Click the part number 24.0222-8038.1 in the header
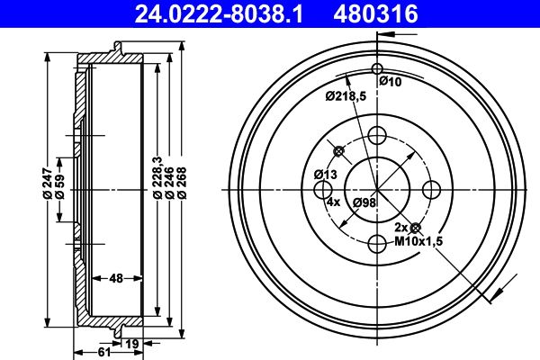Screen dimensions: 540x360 219,13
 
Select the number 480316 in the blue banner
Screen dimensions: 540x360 375,13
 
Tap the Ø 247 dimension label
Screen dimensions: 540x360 48,184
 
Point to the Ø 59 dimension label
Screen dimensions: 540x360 59,186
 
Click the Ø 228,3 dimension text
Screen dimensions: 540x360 157,177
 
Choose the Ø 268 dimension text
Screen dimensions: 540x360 182,184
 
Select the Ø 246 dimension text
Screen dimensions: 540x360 169,184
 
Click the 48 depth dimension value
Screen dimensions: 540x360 117,278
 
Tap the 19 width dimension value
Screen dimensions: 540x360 132,344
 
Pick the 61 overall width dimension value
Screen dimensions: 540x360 104,352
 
